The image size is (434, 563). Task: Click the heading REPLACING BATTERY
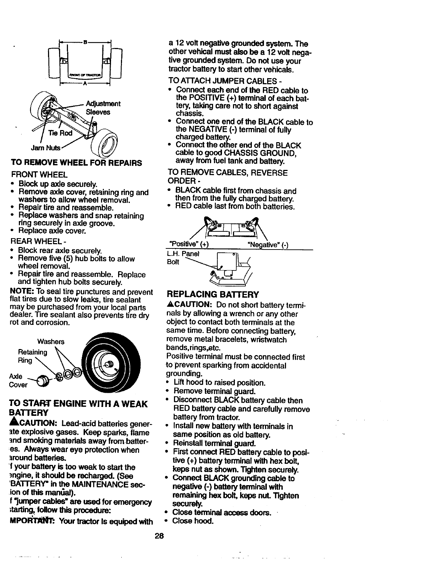[213, 294]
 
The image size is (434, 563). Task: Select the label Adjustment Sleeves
[103, 108]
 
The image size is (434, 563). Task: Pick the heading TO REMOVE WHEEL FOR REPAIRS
[76, 163]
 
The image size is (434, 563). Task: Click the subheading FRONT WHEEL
[39, 175]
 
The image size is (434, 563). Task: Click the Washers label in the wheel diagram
[51, 342]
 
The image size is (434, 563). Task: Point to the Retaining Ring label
[32, 356]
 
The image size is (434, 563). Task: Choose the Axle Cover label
[18, 380]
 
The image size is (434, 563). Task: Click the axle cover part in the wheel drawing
[42, 380]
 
